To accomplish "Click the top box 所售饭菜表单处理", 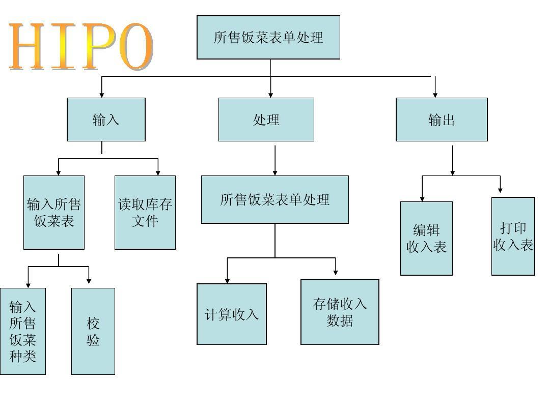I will tap(268, 37).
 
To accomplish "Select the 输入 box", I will tap(106, 120).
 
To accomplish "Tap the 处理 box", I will tap(266, 120).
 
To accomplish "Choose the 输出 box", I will tap(442, 120).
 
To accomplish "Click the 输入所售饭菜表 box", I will tap(54, 213).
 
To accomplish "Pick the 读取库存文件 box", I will tap(145, 213).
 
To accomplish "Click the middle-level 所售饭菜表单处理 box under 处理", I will tap(275, 199).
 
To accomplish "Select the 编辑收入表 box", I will tap(426, 238).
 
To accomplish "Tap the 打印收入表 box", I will tap(513, 236).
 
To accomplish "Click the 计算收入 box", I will tap(232, 314).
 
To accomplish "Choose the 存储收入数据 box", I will tap(340, 312).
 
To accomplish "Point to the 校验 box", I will tap(93, 331).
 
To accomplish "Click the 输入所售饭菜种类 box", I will tap(23, 331).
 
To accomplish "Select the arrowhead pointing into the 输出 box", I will tap(435, 94).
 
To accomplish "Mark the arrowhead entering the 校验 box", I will tap(89, 281).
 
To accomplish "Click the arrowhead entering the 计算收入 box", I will tap(227, 280).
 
